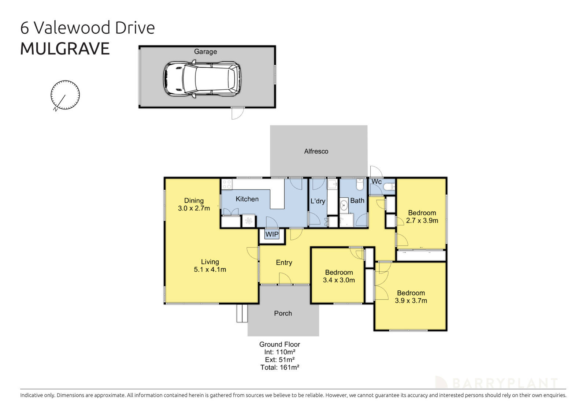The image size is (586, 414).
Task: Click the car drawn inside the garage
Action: (202, 79)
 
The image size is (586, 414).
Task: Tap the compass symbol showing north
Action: (65, 95)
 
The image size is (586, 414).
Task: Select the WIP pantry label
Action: (272, 234)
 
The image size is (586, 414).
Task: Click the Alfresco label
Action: (316, 151)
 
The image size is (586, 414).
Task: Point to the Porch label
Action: (283, 313)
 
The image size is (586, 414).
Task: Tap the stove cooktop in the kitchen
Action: (227, 184)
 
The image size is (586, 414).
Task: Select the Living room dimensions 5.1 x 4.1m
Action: (210, 270)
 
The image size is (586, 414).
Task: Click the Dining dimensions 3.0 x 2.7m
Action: (194, 208)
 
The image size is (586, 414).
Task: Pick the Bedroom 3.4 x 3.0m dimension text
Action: (339, 280)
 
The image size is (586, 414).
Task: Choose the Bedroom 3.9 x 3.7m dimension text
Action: (411, 301)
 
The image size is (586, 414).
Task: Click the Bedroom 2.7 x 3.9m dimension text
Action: (422, 221)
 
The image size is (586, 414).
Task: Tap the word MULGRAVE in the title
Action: (65, 49)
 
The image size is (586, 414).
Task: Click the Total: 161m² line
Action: (280, 368)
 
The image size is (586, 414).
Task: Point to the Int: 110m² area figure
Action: (280, 352)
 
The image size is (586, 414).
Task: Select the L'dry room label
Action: (318, 201)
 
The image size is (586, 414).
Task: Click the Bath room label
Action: (357, 201)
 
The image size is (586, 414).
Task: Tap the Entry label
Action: (284, 262)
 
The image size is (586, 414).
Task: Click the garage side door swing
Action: (237, 113)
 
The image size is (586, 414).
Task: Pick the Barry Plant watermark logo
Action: (496, 383)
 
